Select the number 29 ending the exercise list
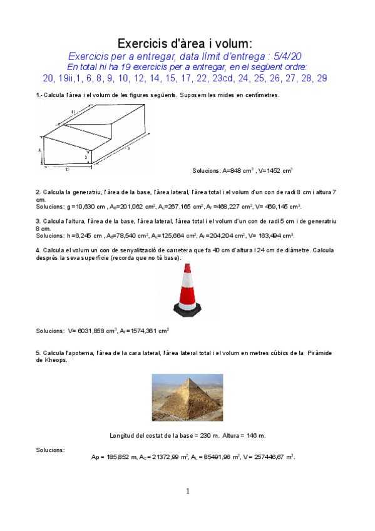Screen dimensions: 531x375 pos(321,78)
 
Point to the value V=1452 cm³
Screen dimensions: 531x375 pos(275,170)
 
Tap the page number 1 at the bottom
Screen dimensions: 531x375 pos(187,492)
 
